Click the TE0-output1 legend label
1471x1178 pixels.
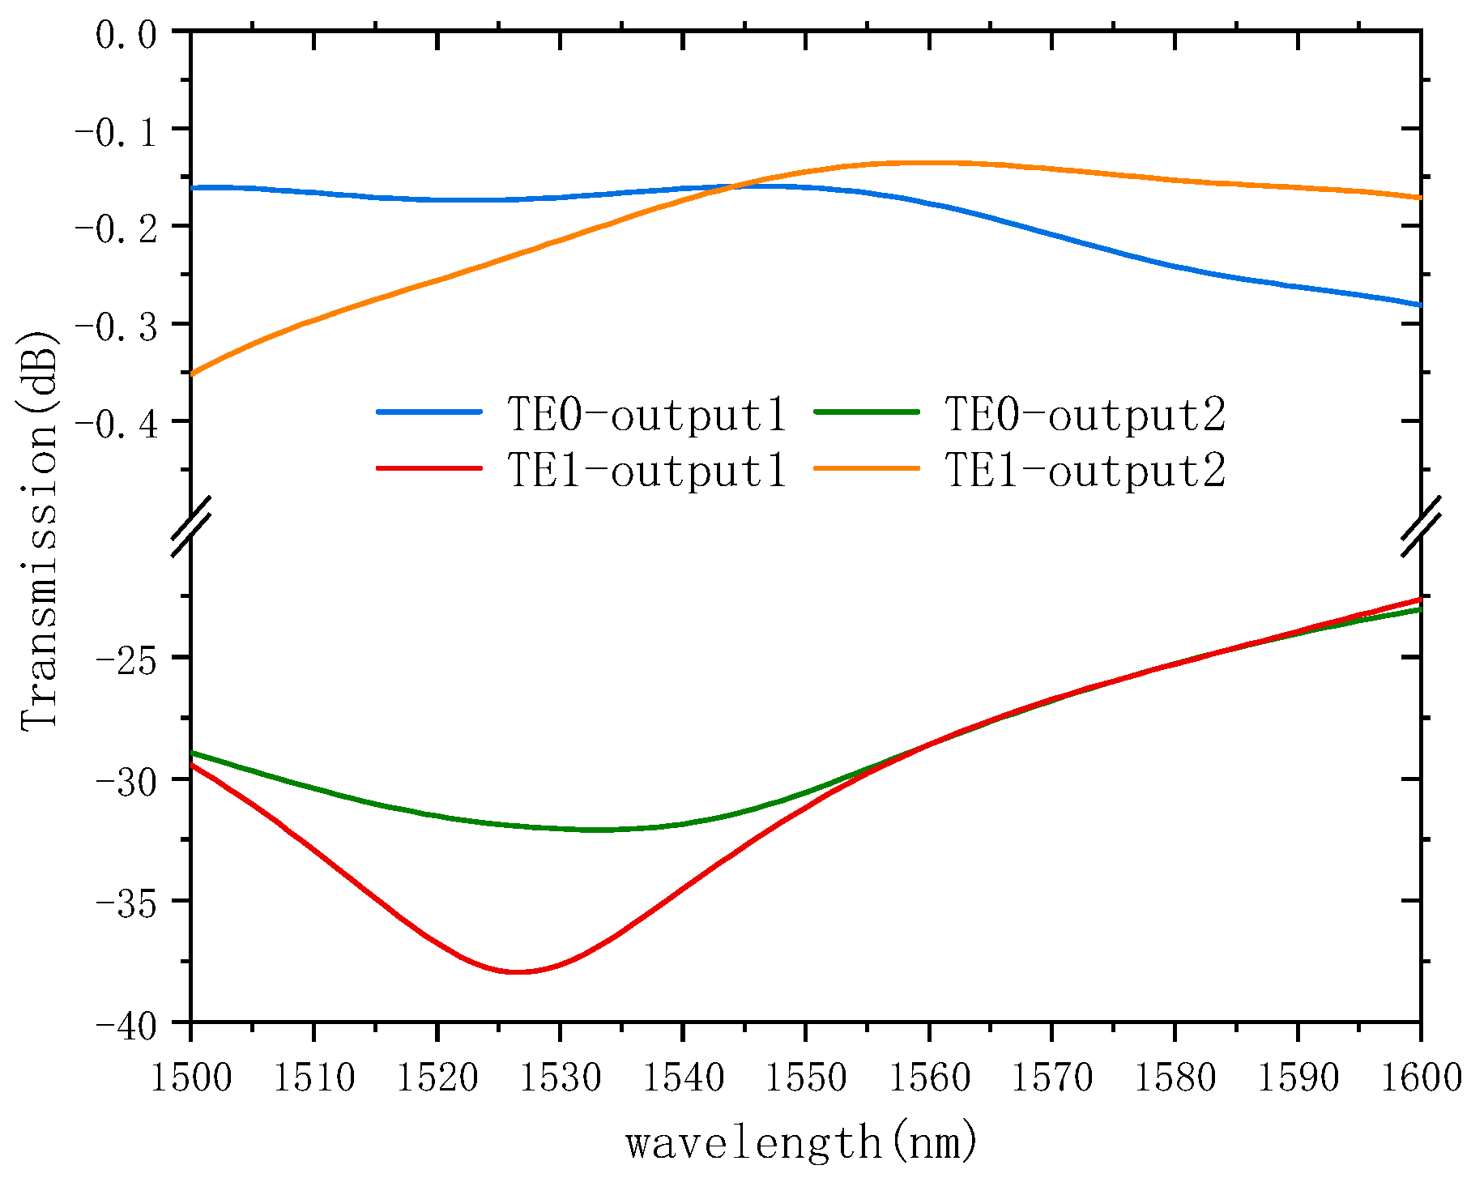(646, 414)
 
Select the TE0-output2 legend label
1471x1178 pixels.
(1085, 414)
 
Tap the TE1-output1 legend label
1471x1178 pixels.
(646, 471)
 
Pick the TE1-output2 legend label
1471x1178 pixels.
(1085, 471)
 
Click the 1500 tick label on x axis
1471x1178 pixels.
(191, 1078)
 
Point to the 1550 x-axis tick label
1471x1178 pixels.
(806, 1078)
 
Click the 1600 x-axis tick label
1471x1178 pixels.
(1419, 1078)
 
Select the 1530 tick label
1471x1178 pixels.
(560, 1078)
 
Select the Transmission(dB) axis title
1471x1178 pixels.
(39, 531)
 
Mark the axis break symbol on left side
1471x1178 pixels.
(191, 527)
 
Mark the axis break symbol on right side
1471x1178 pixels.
(1421, 527)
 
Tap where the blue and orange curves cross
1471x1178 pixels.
(735, 187)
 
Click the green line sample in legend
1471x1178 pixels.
(867, 412)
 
